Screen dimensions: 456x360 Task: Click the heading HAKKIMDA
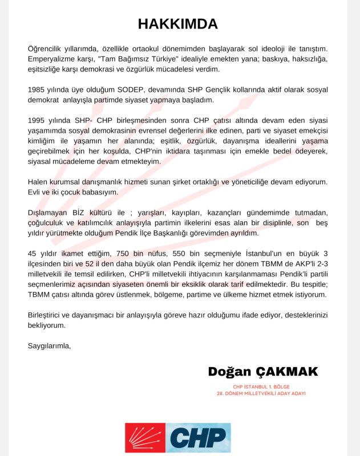(178, 24)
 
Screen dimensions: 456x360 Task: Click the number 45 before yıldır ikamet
(33, 254)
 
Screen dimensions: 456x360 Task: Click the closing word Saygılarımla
(49, 345)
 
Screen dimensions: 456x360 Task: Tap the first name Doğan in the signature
(229, 372)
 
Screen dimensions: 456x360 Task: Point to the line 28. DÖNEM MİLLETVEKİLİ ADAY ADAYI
(262, 393)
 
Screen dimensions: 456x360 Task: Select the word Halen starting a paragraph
(39, 182)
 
